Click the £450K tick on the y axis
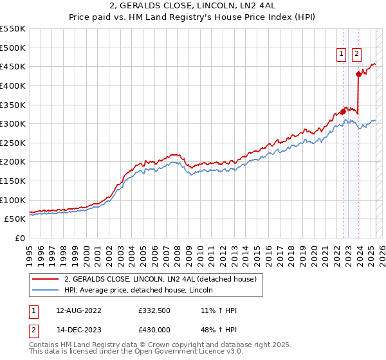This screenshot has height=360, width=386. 14,66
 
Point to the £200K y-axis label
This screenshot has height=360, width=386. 14,162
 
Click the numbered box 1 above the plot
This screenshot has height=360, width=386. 340,55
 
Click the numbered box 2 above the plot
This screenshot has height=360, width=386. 356,55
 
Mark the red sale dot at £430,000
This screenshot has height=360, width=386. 358,74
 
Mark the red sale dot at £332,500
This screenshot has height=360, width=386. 343,111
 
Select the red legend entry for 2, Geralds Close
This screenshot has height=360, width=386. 160,279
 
